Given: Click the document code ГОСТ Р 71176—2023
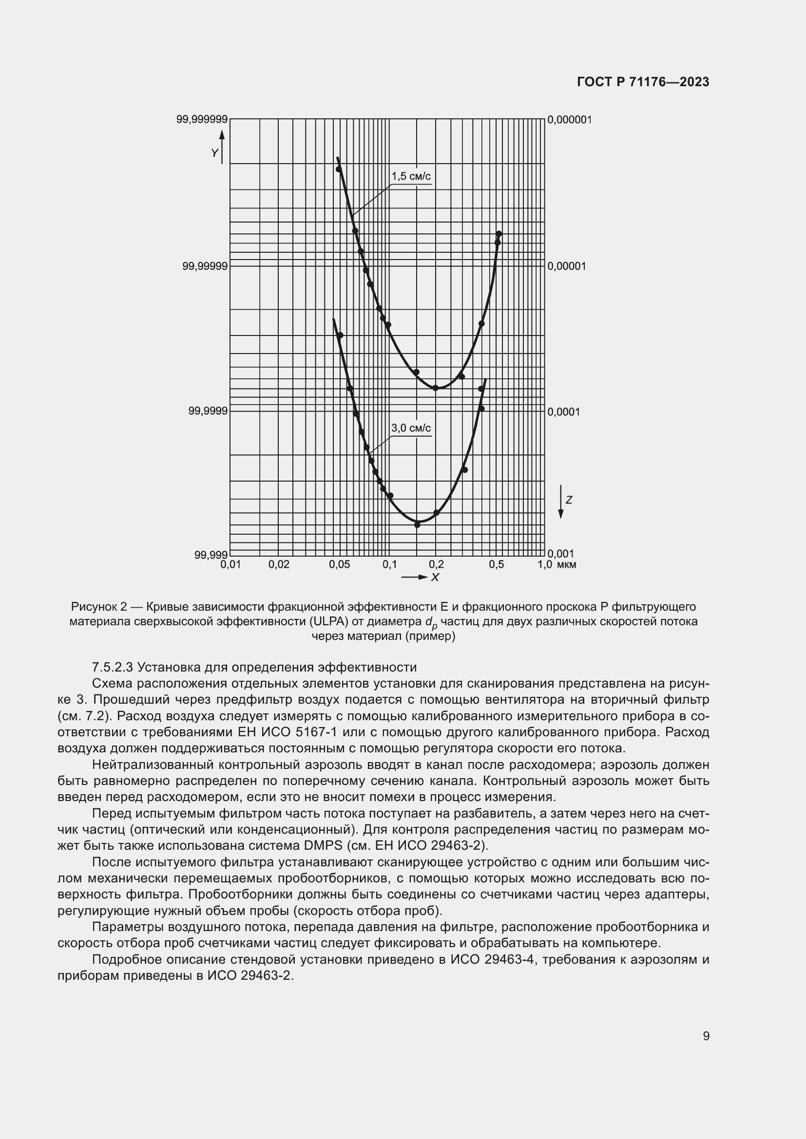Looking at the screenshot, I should click(x=643, y=82).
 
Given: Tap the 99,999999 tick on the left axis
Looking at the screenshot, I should click(x=202, y=119).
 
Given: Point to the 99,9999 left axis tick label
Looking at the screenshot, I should click(x=208, y=411).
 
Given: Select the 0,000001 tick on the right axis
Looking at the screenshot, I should click(x=569, y=120).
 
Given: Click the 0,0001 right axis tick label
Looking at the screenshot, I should click(x=563, y=411).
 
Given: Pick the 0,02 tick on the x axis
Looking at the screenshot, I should click(x=279, y=564).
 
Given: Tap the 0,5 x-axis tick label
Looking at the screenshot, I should click(x=496, y=564).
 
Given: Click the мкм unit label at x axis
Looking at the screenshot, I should click(x=566, y=564).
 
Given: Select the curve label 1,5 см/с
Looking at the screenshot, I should click(x=411, y=176).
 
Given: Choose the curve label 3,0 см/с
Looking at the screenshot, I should click(x=411, y=428).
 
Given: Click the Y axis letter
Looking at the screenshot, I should click(x=214, y=153).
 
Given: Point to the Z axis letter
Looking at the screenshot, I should click(x=569, y=500).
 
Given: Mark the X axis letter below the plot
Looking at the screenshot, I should click(x=435, y=578).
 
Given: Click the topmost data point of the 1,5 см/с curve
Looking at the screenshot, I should click(x=339, y=169).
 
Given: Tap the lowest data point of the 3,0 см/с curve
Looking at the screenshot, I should click(x=418, y=524).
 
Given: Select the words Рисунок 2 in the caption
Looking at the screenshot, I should click(x=99, y=607).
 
